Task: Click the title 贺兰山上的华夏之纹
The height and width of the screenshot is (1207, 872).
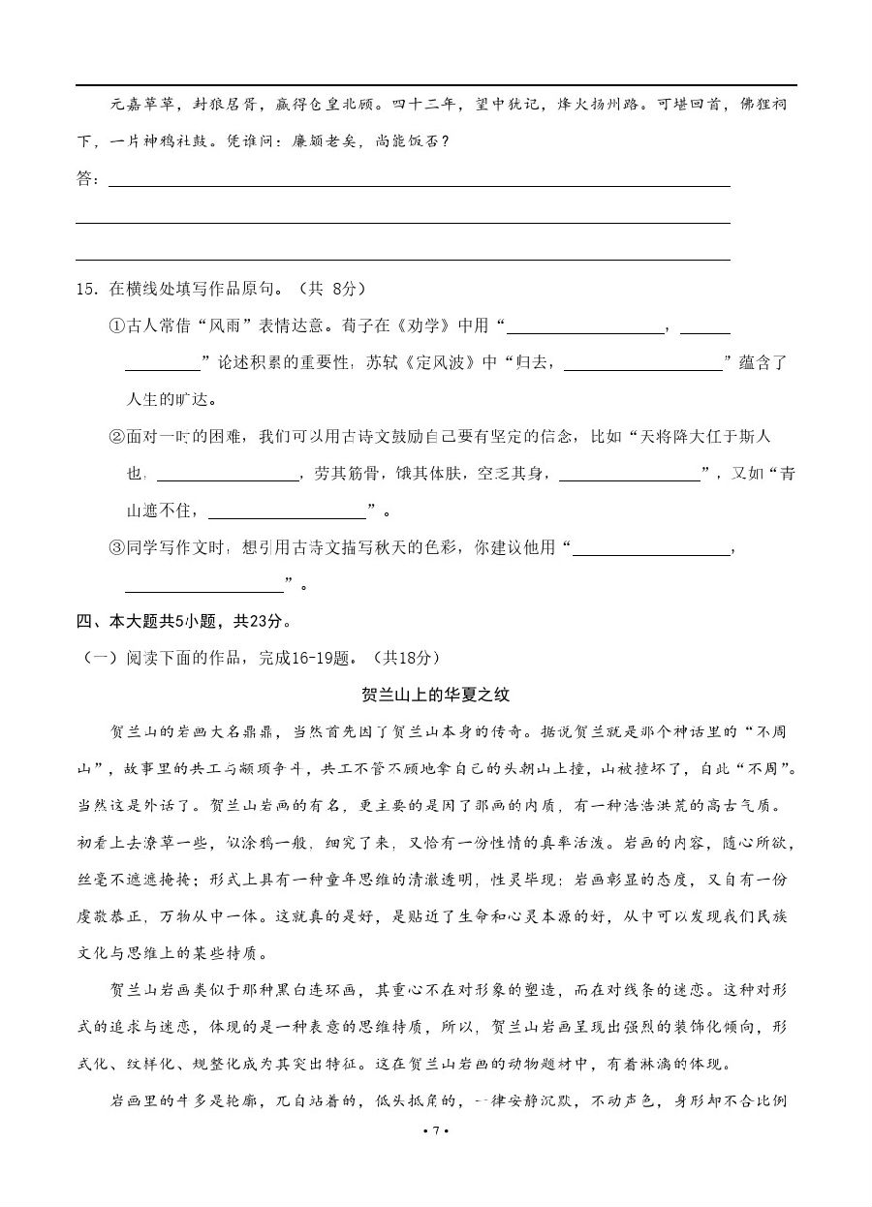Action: click(x=435, y=695)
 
